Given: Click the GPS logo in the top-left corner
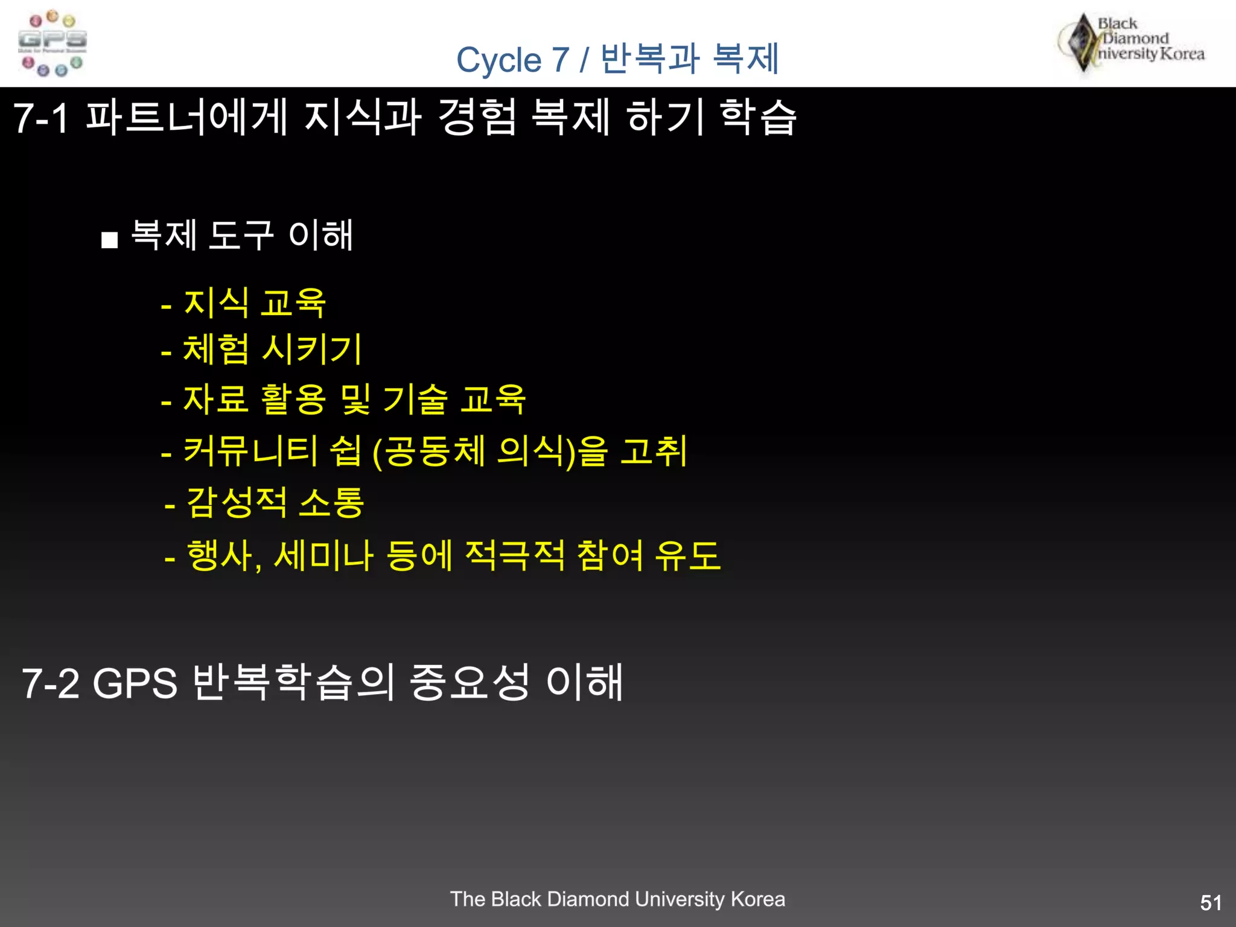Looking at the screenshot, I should [53, 43].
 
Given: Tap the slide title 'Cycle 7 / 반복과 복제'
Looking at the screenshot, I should [617, 59].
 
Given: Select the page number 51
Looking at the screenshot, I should [1211, 903].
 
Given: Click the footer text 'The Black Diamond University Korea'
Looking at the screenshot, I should [617, 899].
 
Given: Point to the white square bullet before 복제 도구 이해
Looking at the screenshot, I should [109, 240].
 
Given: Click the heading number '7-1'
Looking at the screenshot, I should [41, 118].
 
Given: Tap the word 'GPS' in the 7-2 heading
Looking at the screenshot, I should [135, 683].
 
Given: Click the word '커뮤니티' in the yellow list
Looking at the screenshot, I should [250, 451].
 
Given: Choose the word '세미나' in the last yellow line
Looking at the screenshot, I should [323, 555].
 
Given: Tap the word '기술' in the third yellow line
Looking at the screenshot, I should [416, 400].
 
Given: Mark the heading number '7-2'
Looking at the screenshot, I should [50, 683].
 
